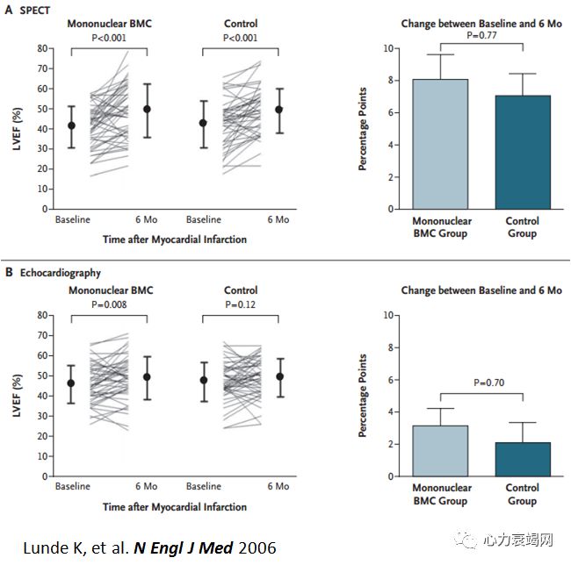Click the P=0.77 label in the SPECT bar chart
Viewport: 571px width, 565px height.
481,36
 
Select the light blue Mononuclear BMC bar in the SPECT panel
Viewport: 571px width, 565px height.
441,144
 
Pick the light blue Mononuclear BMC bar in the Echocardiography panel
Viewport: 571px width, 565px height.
441,451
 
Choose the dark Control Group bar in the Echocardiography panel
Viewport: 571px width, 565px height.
523,460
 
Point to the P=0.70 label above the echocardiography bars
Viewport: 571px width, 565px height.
481,383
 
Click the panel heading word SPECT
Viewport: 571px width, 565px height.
35,10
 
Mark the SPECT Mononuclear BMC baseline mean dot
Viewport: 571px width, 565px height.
72,125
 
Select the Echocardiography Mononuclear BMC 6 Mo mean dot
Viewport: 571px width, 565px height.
147,376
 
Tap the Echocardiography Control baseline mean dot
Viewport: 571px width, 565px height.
204,381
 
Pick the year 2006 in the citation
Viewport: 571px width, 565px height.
256,547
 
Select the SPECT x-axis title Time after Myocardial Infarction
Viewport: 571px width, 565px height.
173,239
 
